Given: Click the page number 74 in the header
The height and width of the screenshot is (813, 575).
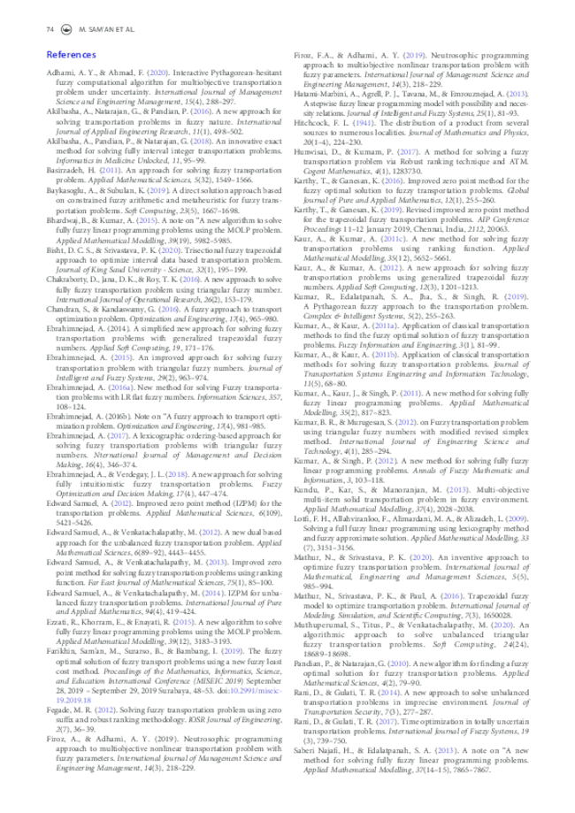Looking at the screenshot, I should (x=50, y=31).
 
